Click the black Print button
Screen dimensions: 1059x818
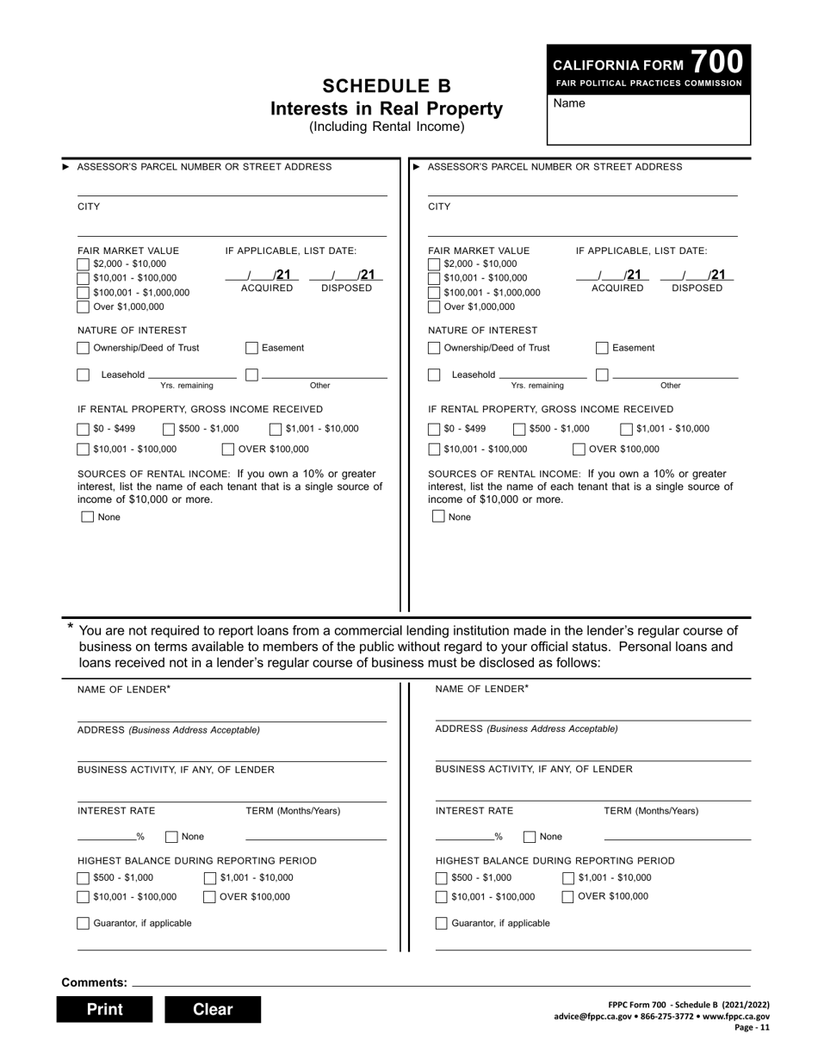(104, 1009)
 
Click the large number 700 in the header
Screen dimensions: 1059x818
(716, 62)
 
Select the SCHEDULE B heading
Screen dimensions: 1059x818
(387, 86)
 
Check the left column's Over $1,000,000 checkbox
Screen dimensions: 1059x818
(84, 307)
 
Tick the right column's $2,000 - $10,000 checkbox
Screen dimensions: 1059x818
(434, 263)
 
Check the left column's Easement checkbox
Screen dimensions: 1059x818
(251, 348)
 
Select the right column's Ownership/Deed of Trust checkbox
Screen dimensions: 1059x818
(434, 348)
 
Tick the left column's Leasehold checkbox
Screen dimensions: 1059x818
(84, 375)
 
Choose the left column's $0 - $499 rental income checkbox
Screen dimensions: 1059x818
(84, 429)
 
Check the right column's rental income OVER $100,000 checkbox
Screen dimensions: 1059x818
(579, 449)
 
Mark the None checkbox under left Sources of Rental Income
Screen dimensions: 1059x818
(87, 517)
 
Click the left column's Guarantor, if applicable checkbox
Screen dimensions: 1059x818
(84, 923)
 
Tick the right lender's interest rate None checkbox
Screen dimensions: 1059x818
(530, 836)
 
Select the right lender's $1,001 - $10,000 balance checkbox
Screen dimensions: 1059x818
(568, 878)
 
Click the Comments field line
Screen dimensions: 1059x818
(439, 982)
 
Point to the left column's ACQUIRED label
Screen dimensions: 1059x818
(266, 288)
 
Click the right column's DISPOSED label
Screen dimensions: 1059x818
(697, 288)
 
